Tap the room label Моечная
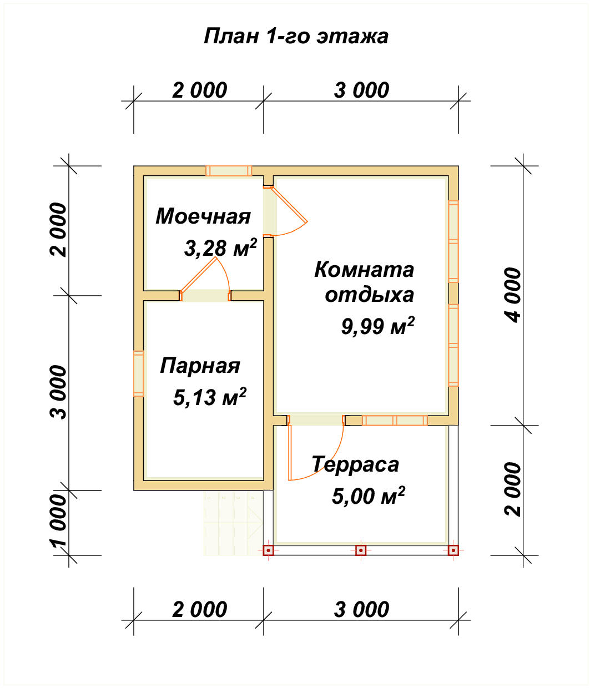point(203,216)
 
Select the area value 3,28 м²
point(220,248)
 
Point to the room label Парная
point(200,366)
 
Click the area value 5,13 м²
point(210,397)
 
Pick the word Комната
point(364,270)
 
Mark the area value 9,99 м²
point(377,326)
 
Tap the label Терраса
point(355,464)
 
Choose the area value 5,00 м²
point(368,495)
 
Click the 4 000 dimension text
point(514,295)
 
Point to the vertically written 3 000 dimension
point(59,392)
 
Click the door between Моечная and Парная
point(205,296)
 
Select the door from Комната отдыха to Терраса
point(315,420)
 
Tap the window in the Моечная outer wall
point(229,171)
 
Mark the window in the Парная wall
point(139,373)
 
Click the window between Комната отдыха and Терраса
point(395,421)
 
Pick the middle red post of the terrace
point(361,550)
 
